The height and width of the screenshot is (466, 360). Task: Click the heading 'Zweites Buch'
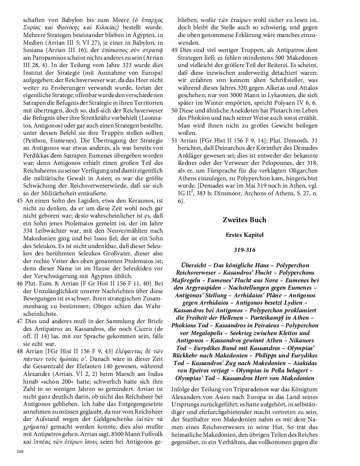click(x=244, y=220)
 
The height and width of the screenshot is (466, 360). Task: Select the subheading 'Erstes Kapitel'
click(x=244, y=235)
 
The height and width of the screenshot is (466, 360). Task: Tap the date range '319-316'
click(x=244, y=250)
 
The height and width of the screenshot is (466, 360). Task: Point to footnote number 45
click(x=19, y=201)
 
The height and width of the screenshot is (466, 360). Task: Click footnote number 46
click(x=19, y=284)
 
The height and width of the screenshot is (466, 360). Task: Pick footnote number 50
click(x=174, y=111)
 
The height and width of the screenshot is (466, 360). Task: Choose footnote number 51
click(x=174, y=141)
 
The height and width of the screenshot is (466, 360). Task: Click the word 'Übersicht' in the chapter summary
click(x=195, y=265)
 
